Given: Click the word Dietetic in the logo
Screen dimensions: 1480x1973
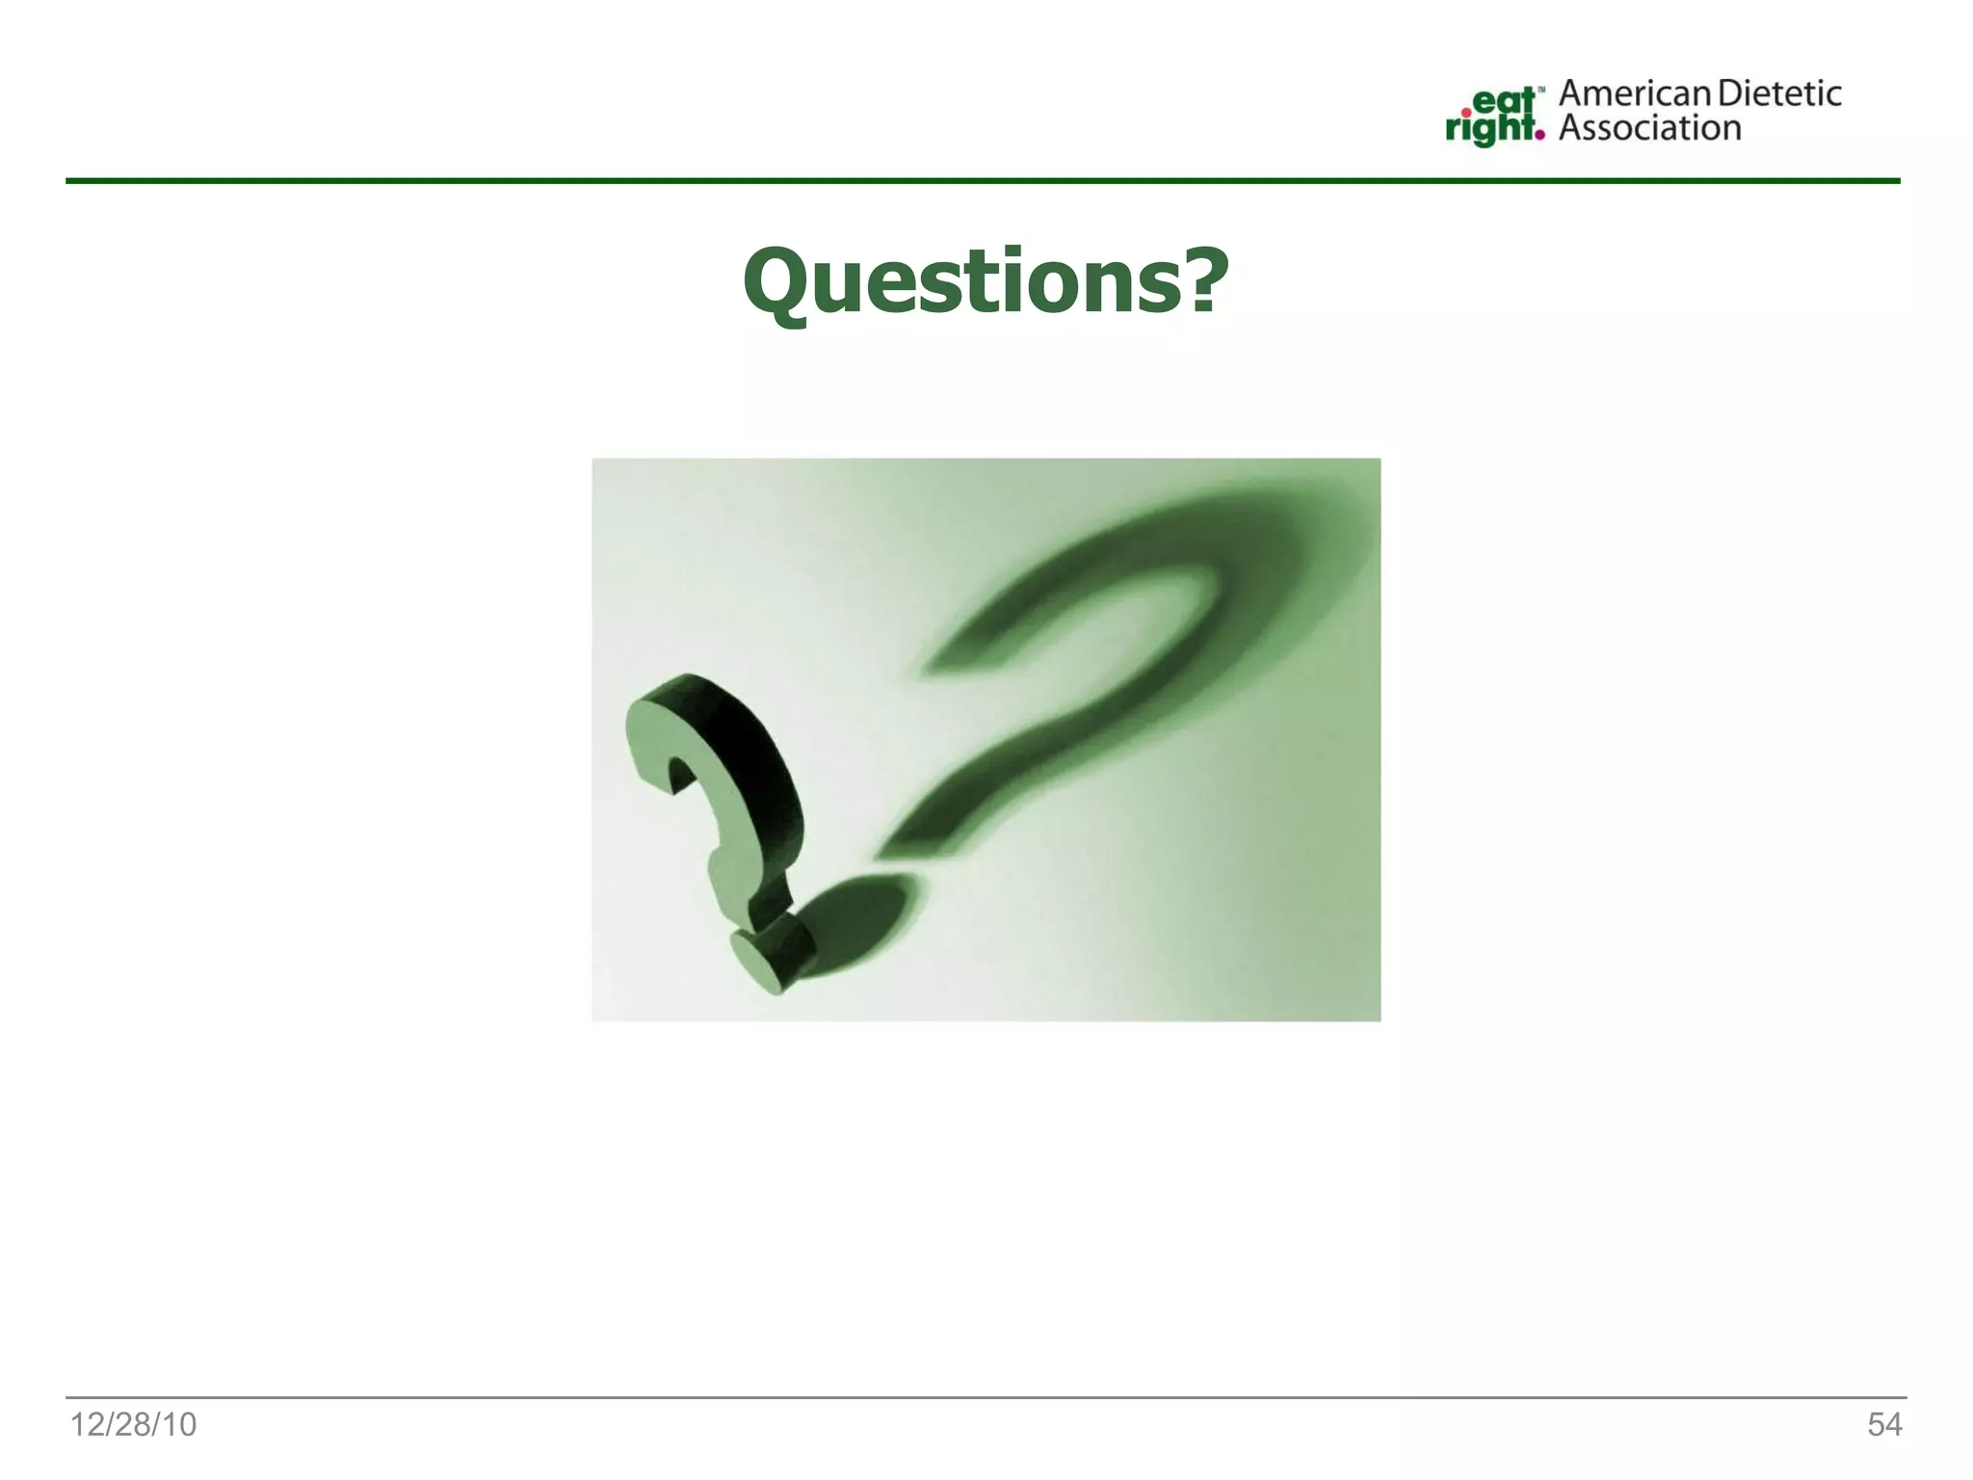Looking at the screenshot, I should click(x=1779, y=93).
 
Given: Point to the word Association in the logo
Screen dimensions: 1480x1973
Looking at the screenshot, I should click(x=1649, y=128).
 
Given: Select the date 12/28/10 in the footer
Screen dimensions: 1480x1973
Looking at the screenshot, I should click(x=133, y=1424).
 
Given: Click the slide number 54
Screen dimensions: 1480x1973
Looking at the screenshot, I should click(x=1884, y=1424).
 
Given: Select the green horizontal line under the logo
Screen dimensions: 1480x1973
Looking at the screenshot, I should click(x=983, y=180).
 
